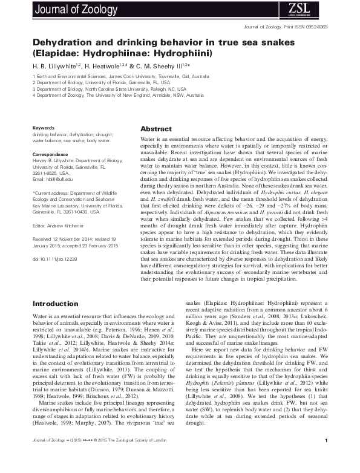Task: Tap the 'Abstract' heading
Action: [x=155, y=129]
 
